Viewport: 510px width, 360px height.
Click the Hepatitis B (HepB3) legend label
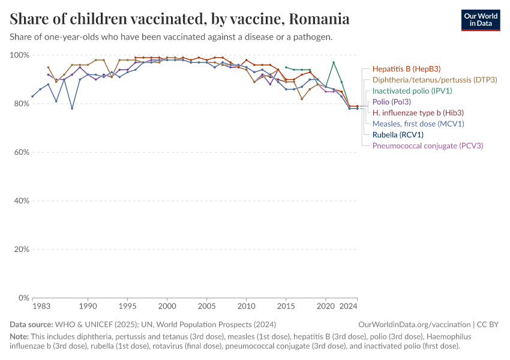[x=406, y=69]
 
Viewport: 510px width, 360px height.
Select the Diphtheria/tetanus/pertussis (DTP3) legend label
[x=435, y=80]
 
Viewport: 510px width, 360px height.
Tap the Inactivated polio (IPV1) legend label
[x=412, y=91]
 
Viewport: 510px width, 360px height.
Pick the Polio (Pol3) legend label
[x=392, y=102]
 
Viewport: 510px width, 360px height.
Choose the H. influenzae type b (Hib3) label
[x=418, y=113]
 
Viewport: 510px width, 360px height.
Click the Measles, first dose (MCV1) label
[x=418, y=124]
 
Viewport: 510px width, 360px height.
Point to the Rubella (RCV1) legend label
[x=398, y=134]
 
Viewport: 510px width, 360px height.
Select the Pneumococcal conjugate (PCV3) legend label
[x=428, y=146]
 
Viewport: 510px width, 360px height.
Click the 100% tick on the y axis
[x=20, y=55]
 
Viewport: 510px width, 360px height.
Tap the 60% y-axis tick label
[x=22, y=152]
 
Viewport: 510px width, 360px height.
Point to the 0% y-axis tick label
[x=24, y=298]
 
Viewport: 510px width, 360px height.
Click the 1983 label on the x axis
[x=41, y=307]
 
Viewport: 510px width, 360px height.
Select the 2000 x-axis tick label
[x=167, y=307]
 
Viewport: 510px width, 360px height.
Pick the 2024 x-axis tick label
[x=349, y=307]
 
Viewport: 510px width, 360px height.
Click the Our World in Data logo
[x=481, y=20]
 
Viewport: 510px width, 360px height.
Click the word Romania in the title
[x=319, y=19]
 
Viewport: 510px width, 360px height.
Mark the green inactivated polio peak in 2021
[x=334, y=62]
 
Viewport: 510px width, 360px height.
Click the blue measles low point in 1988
[x=72, y=109]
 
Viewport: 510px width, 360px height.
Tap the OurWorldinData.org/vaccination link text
[x=415, y=325]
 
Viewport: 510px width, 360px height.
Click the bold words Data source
[x=31, y=325]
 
